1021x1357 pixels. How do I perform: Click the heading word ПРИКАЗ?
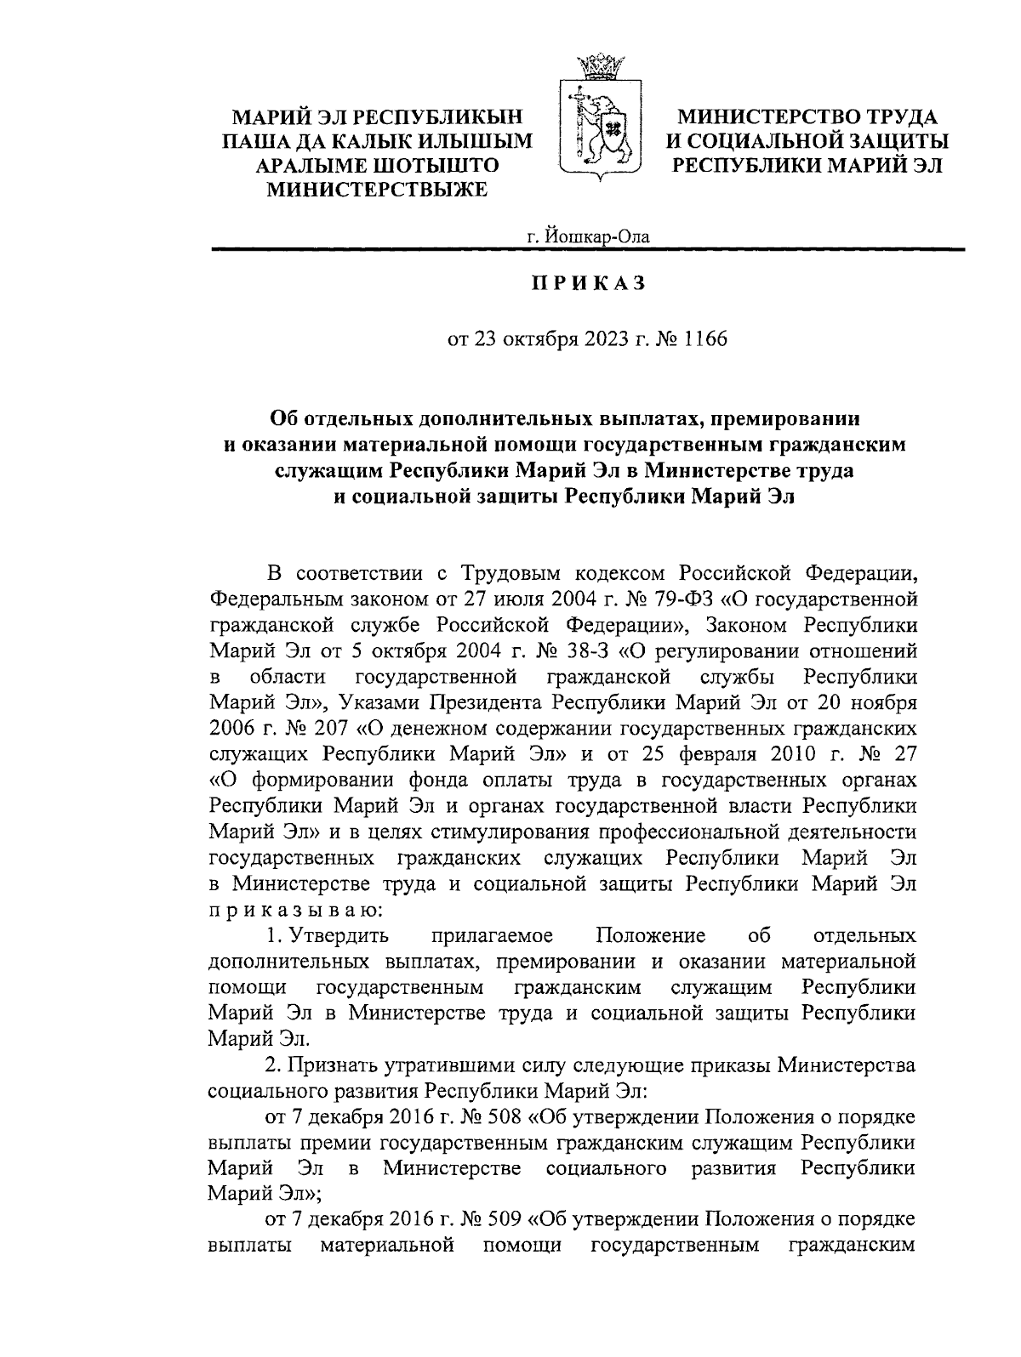click(x=588, y=283)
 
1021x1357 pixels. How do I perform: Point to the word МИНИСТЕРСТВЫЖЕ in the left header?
click(x=378, y=190)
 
